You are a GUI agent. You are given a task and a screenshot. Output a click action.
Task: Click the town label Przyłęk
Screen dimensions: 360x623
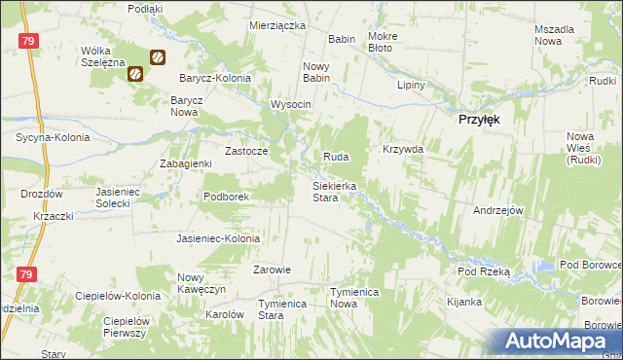(x=480, y=119)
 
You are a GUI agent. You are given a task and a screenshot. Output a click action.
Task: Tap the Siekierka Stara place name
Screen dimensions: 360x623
(x=334, y=191)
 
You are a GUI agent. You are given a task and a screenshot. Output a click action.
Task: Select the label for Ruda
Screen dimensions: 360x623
(x=336, y=157)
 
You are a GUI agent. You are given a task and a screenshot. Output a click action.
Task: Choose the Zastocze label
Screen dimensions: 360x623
(x=246, y=152)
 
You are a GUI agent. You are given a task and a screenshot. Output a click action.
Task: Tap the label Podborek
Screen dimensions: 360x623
(x=228, y=197)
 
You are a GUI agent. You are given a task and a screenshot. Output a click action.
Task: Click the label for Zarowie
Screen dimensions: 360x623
(x=273, y=270)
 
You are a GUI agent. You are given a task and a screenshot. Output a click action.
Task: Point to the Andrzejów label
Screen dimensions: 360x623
(x=498, y=210)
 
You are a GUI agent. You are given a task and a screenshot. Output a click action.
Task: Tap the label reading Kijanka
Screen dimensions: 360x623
(x=463, y=302)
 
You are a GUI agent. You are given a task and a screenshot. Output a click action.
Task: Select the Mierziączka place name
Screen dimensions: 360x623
(x=277, y=25)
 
